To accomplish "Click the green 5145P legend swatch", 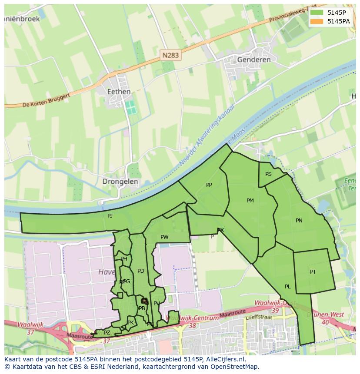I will (x=317, y=13).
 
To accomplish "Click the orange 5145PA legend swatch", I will (x=317, y=21).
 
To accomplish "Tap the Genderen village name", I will (x=254, y=60).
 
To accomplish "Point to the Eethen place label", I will (x=119, y=92).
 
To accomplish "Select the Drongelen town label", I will (x=120, y=182).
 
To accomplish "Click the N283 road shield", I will (x=170, y=55).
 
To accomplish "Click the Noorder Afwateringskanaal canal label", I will (x=206, y=136).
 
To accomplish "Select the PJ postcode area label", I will (x=110, y=215).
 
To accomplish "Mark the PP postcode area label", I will (x=209, y=185).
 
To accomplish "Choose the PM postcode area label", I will (x=250, y=201).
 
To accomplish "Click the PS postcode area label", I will (x=268, y=174).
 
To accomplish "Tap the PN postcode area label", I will (x=299, y=221).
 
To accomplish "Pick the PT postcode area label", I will (x=313, y=272).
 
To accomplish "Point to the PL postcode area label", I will (x=287, y=287).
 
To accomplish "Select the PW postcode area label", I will (x=164, y=237).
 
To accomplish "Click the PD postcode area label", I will (x=140, y=271).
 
